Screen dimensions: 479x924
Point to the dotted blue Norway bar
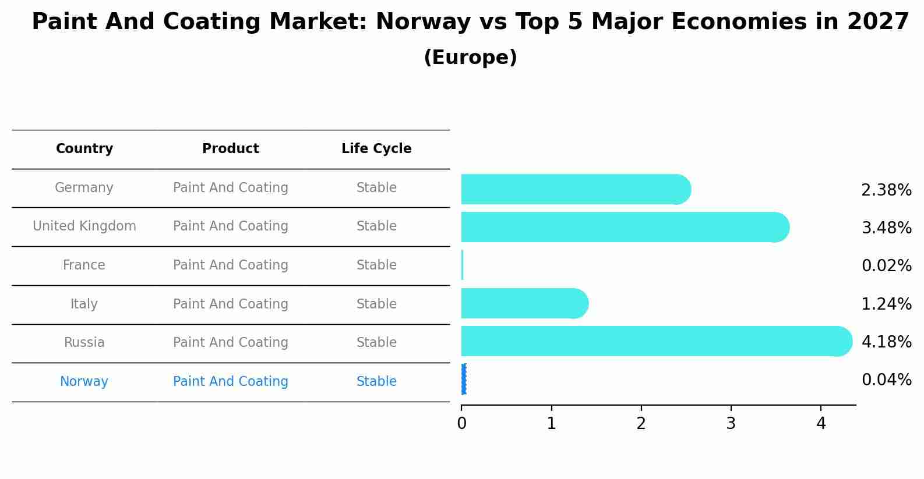tap(464, 379)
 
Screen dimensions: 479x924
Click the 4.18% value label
tap(886, 342)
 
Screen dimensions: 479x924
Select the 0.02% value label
tap(886, 266)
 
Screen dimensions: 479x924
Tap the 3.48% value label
tap(886, 228)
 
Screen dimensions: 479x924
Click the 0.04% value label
tap(886, 380)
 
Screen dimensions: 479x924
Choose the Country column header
tap(84, 149)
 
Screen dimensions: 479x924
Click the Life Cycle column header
tap(376, 149)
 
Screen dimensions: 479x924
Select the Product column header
tap(231, 149)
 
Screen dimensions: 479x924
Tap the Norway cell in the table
tap(84, 382)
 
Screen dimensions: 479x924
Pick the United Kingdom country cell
tap(84, 226)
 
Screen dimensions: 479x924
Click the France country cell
tap(84, 265)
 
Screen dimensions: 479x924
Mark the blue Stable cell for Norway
tap(376, 382)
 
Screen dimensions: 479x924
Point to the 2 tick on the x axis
tap(641, 424)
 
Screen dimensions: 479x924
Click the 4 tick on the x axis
tap(821, 424)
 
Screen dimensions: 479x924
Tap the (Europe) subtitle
tap(470, 58)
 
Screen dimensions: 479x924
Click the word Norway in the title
tap(423, 22)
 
